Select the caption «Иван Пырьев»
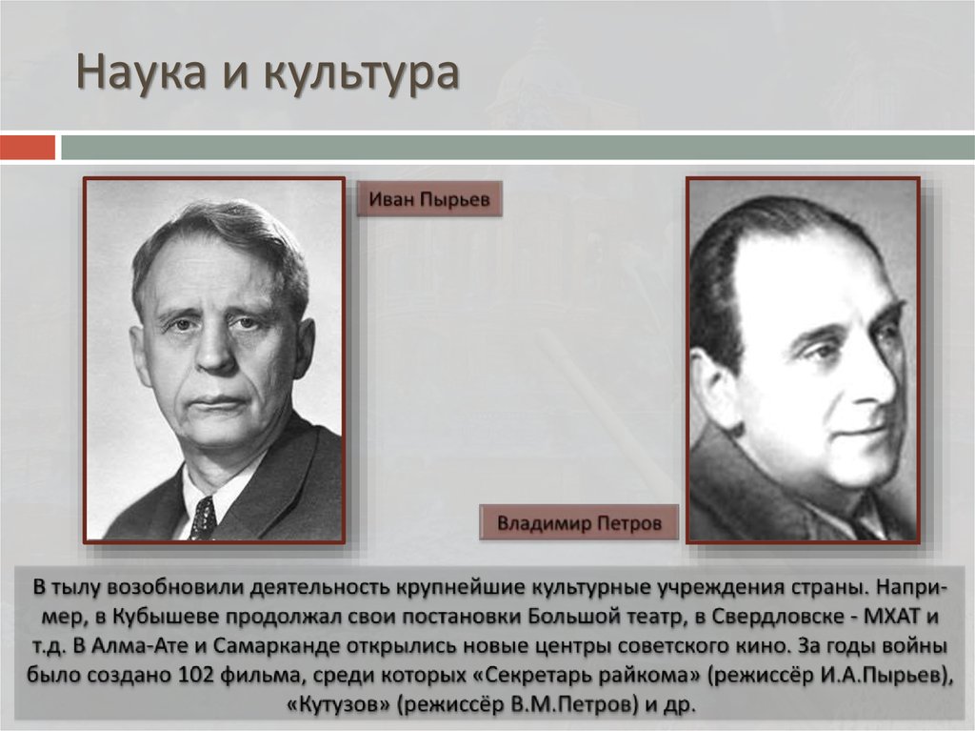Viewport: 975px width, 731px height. (x=428, y=200)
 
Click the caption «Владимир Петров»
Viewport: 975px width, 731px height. (x=579, y=523)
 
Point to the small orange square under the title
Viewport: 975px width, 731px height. (x=28, y=148)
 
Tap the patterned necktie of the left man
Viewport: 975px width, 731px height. (x=203, y=518)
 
